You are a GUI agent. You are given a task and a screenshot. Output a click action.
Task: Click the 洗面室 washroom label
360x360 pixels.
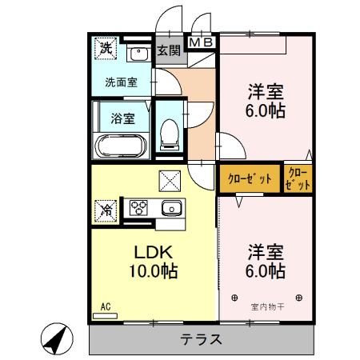(x=121, y=82)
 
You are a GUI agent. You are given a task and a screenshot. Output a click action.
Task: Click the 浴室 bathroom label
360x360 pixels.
(x=122, y=118)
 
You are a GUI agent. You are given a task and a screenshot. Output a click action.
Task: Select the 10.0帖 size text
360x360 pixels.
(x=150, y=270)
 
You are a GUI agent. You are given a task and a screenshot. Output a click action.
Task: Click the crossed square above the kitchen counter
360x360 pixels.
(x=170, y=181)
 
